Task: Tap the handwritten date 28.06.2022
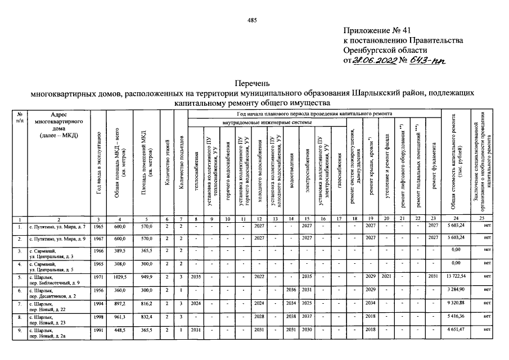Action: tap(374, 60)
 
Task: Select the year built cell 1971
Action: tap(98, 277)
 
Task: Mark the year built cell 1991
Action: tap(98, 330)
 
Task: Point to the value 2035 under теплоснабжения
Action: tap(195, 277)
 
